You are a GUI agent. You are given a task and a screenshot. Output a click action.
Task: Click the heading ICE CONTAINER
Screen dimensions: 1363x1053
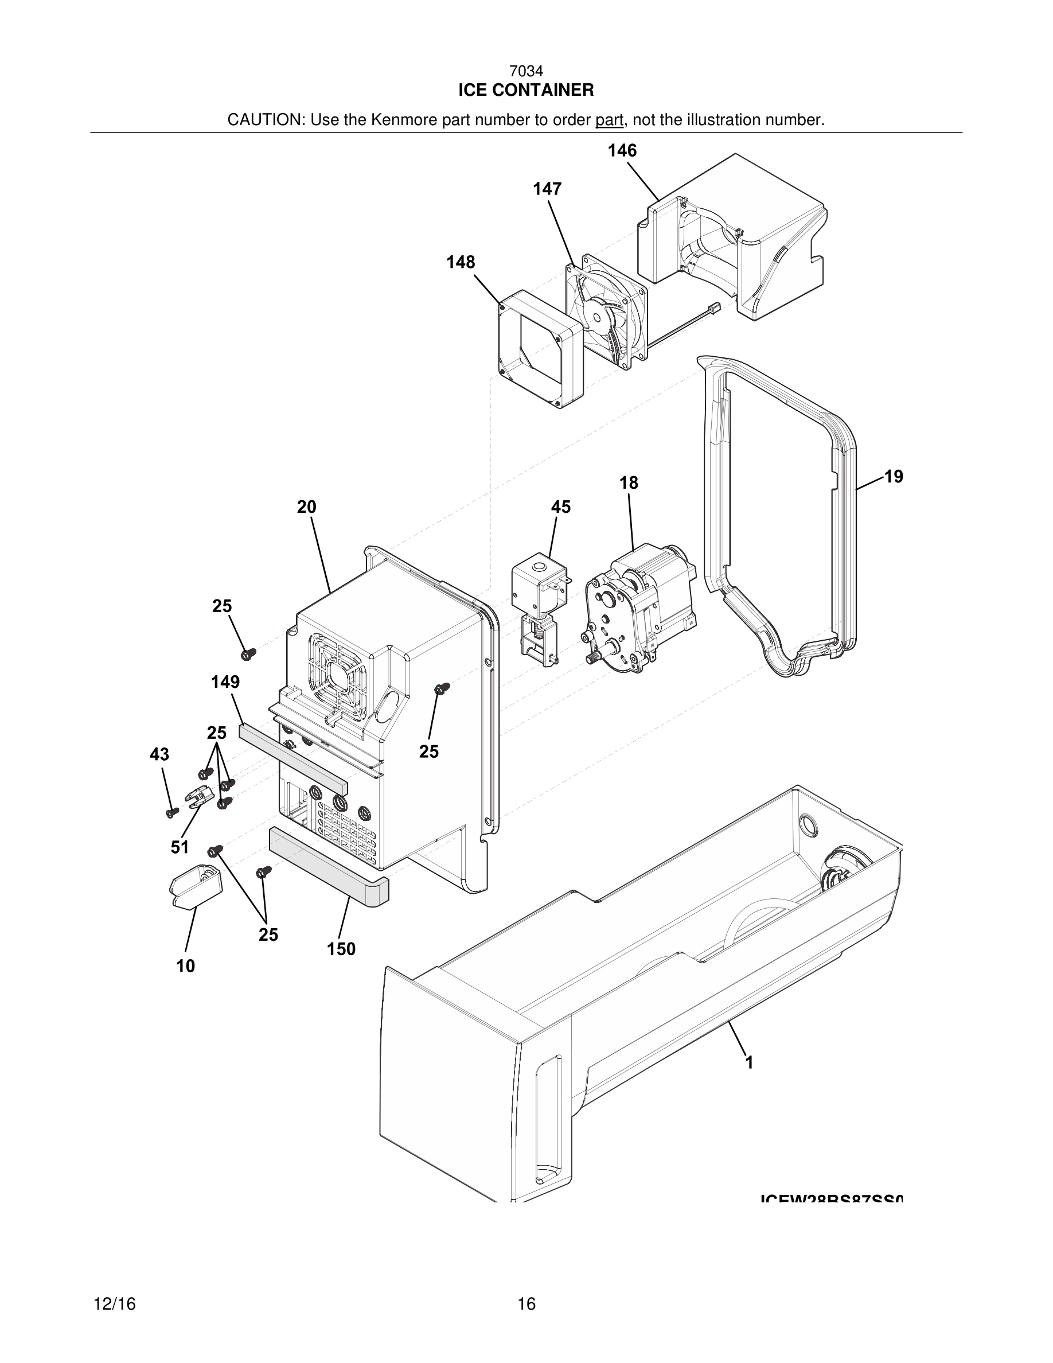click(526, 91)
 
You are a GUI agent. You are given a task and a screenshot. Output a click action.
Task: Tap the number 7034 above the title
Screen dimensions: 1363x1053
click(526, 72)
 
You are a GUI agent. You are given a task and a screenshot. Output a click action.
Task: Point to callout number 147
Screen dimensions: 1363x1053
click(547, 189)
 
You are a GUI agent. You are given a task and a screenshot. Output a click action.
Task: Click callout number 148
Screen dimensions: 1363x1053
click(461, 262)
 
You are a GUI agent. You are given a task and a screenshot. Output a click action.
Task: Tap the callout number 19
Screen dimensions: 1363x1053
click(894, 477)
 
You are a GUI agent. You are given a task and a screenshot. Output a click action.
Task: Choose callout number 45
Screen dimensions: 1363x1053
click(560, 507)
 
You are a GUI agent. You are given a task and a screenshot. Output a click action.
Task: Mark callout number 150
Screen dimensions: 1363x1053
click(341, 949)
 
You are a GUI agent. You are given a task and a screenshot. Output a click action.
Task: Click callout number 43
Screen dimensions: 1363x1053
click(159, 754)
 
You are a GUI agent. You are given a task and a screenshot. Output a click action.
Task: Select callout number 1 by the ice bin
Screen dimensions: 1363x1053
click(749, 1062)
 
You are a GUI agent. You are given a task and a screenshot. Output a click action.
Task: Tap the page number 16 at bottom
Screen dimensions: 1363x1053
click(526, 1304)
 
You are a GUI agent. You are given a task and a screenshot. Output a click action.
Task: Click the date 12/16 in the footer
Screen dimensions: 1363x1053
click(114, 1304)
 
